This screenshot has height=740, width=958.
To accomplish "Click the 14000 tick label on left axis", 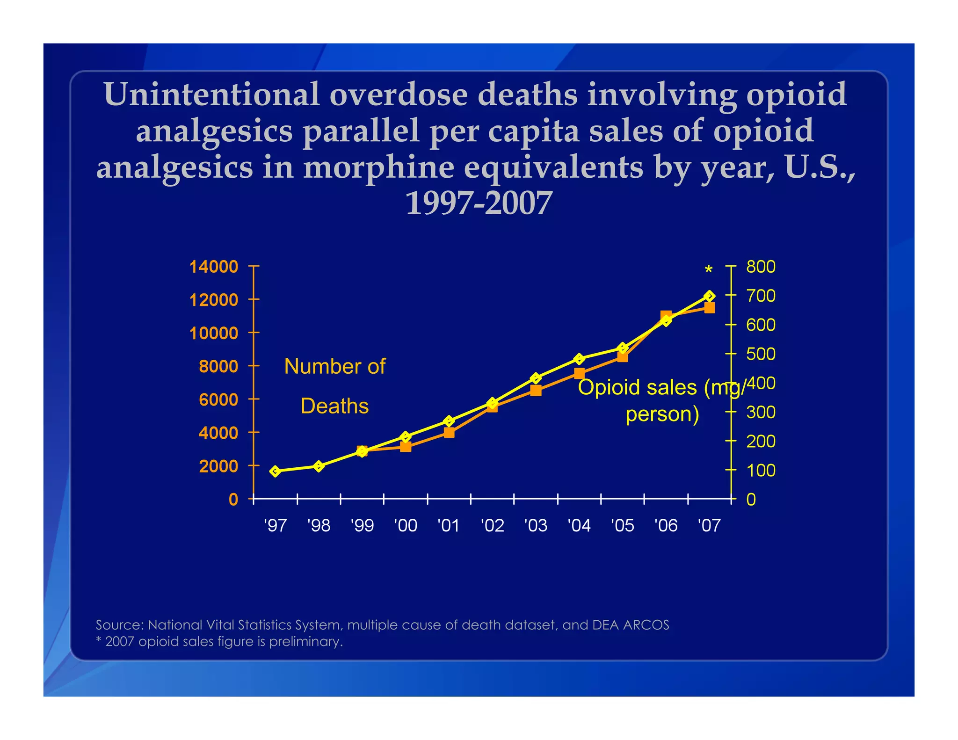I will pyautogui.click(x=213, y=267).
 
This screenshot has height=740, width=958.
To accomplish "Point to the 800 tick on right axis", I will pyautogui.click(x=761, y=267).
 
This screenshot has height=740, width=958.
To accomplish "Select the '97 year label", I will pyautogui.click(x=275, y=525).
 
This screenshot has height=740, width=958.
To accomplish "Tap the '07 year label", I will pyautogui.click(x=709, y=525).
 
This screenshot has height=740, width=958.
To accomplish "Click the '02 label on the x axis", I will pyautogui.click(x=492, y=525).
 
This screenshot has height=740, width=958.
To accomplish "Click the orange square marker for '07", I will pyautogui.click(x=709, y=308).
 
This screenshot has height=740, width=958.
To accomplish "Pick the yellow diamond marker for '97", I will pyautogui.click(x=275, y=471).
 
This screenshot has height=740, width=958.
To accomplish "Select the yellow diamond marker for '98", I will pyautogui.click(x=319, y=466).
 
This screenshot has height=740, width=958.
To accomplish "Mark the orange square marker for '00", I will pyautogui.click(x=406, y=447).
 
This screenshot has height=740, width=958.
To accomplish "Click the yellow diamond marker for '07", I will pyautogui.click(x=709, y=296).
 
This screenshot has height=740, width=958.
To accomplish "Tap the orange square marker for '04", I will pyautogui.click(x=579, y=373).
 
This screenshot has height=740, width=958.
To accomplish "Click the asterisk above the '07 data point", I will pyautogui.click(x=708, y=270).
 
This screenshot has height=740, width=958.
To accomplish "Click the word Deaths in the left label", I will pyautogui.click(x=334, y=406).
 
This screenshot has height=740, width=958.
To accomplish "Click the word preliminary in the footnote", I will pyautogui.click(x=305, y=641).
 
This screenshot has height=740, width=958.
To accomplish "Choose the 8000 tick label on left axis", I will pyautogui.click(x=218, y=366).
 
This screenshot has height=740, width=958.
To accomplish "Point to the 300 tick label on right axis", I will pyautogui.click(x=761, y=412).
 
